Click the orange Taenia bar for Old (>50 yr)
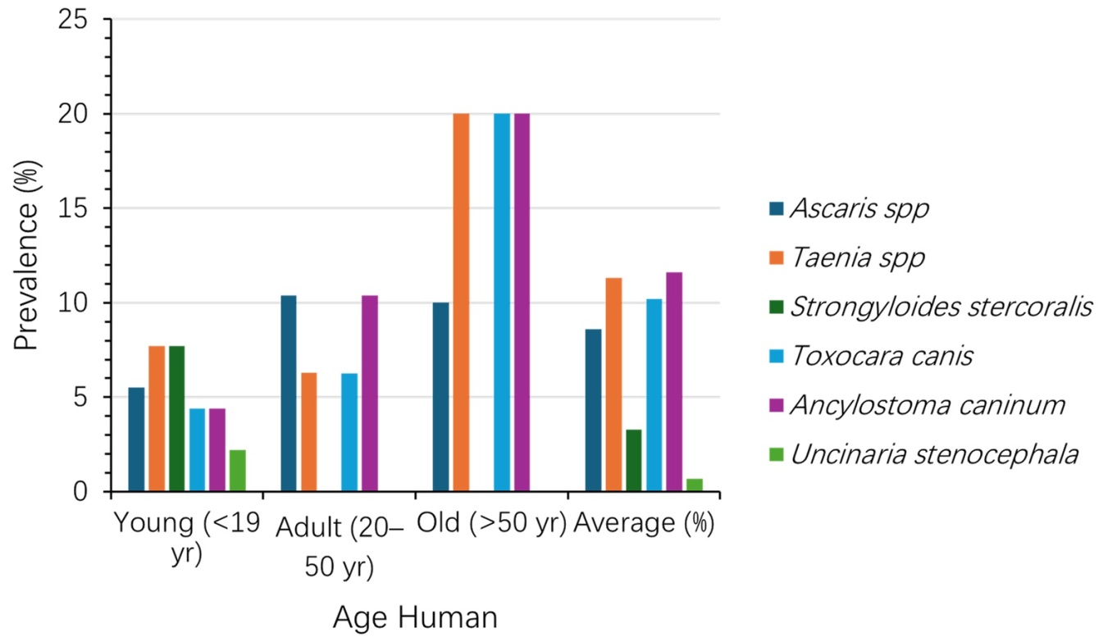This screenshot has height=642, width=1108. pyautogui.click(x=461, y=303)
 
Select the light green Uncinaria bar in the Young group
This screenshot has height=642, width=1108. pyautogui.click(x=238, y=471)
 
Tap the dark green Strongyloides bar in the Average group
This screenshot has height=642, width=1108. pyautogui.click(x=634, y=461)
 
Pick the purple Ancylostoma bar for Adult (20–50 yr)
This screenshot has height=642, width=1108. pyautogui.click(x=370, y=394)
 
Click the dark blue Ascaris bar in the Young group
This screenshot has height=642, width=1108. pyautogui.click(x=136, y=439)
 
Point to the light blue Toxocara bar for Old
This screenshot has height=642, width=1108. pyautogui.click(x=502, y=303)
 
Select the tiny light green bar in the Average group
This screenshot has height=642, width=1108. pyautogui.click(x=695, y=485)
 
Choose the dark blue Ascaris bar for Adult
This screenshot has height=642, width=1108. pyautogui.click(x=289, y=394)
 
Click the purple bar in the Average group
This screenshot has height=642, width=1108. pyautogui.click(x=674, y=382)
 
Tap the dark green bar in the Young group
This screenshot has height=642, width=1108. pyautogui.click(x=176, y=419)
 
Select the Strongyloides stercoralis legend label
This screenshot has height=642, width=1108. pyautogui.click(x=942, y=307)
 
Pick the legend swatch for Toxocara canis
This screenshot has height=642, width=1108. pyautogui.click(x=777, y=356)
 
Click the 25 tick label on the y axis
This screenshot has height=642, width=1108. pyautogui.click(x=73, y=20)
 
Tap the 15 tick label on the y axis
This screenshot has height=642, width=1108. pyautogui.click(x=73, y=208)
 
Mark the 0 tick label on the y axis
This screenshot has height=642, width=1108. pyautogui.click(x=80, y=492)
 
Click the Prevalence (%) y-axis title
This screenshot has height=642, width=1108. pyautogui.click(x=26, y=255)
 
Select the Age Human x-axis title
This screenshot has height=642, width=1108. pyautogui.click(x=415, y=617)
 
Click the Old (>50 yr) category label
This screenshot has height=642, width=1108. pyautogui.click(x=491, y=523)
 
